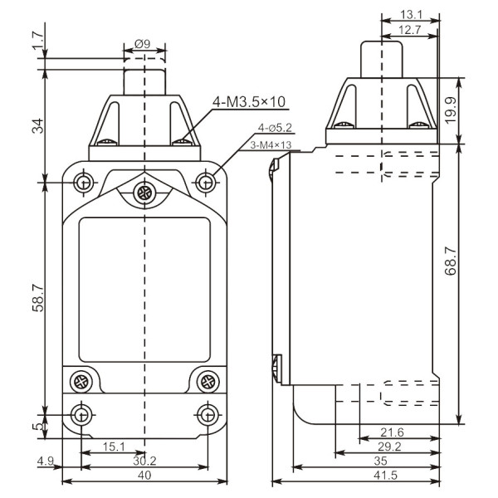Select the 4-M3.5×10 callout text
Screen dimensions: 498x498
click(x=249, y=102)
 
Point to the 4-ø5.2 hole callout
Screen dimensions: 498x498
click(x=275, y=128)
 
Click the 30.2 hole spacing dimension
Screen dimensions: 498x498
click(x=144, y=462)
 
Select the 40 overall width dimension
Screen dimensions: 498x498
click(x=144, y=476)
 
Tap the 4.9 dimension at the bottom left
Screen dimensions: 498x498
click(x=46, y=462)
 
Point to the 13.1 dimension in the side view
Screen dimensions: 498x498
click(x=410, y=14)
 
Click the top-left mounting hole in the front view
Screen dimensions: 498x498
click(x=82, y=181)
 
